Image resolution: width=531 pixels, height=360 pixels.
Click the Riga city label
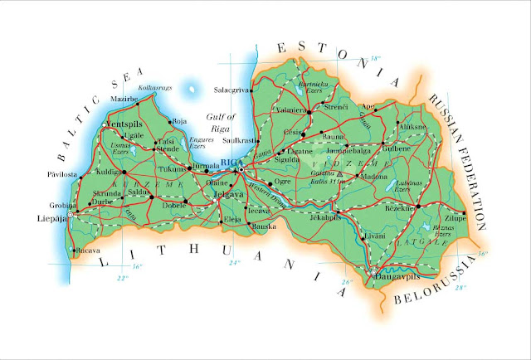click(230, 163)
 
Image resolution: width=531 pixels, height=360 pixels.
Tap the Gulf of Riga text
click(223, 121)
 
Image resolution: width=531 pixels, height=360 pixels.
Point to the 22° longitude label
click(123, 277)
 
